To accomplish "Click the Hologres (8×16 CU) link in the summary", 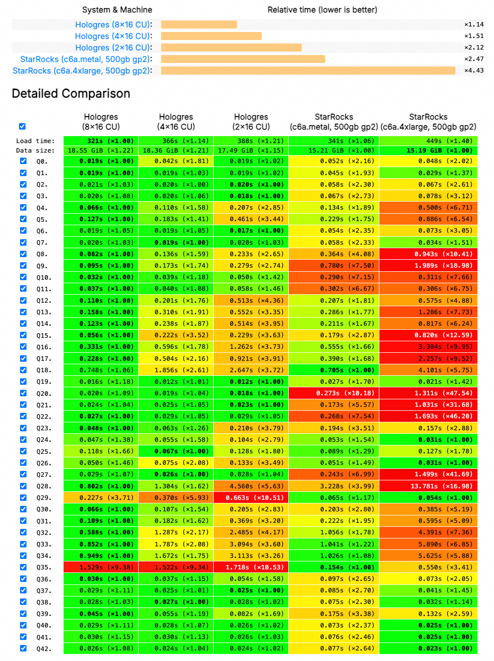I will point(112,25).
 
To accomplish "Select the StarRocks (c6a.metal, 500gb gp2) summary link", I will point(85,59).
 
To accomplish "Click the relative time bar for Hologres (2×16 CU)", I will point(231,48).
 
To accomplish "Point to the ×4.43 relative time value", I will point(473,71).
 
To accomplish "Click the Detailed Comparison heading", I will point(71,94).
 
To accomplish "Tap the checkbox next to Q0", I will point(23,161).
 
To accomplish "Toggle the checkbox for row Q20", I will point(23,393).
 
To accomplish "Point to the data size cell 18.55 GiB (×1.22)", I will point(101,151).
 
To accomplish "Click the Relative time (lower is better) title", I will point(322,10).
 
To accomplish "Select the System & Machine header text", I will point(117,10).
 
